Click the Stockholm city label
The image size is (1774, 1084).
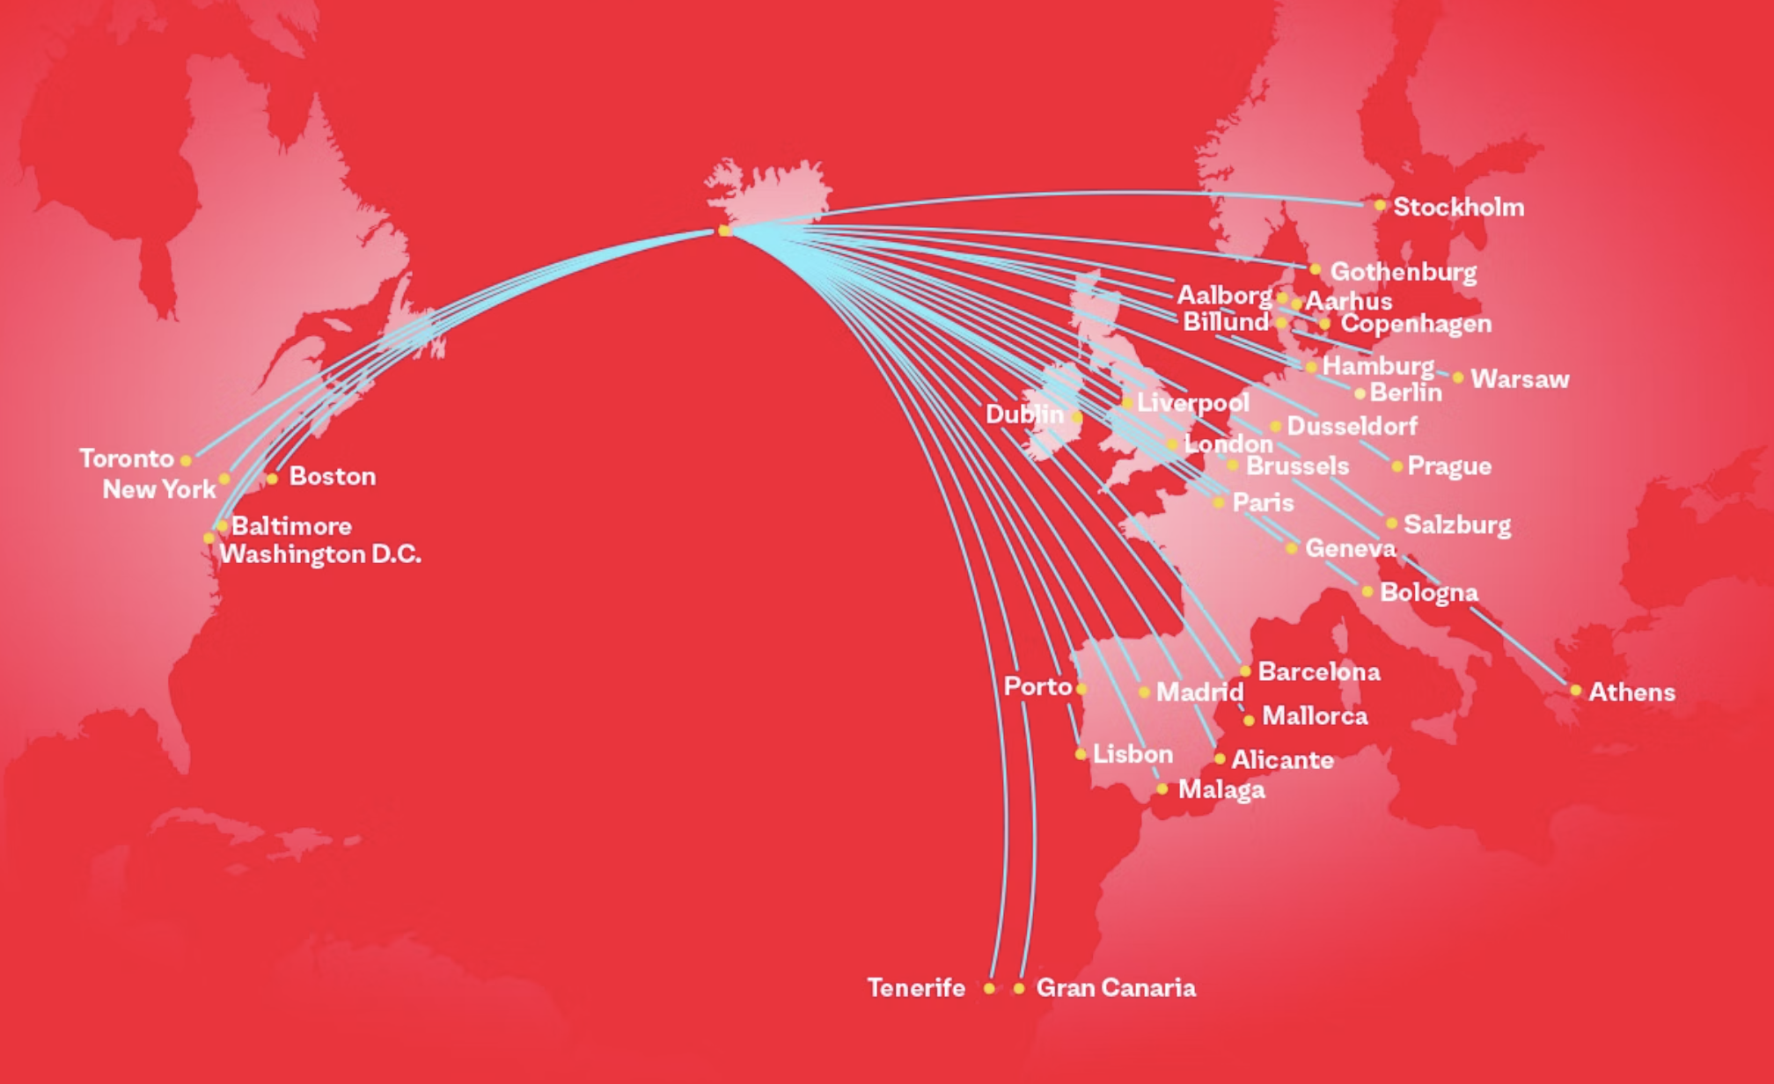coord(1458,208)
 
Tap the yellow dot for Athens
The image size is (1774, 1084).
coord(1575,691)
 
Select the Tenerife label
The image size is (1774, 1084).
coord(916,988)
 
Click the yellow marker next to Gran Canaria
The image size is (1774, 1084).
coord(1019,989)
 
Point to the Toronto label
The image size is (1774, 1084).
coord(127,458)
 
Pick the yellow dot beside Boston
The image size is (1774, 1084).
coord(272,479)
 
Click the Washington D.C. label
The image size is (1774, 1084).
coord(320,554)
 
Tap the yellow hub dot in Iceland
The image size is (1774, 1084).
coord(724,231)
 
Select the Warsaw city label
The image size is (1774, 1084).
coord(1520,379)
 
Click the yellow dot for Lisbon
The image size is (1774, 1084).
coord(1081,754)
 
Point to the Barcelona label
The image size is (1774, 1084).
coord(1319,672)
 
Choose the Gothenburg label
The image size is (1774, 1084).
coord(1403,272)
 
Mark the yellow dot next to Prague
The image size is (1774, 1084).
coord(1396,466)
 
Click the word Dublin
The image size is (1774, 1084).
coord(1024,414)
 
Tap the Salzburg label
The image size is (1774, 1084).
coord(1457,525)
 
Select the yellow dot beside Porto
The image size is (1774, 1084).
coord(1081,689)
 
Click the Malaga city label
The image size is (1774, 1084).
coord(1221,790)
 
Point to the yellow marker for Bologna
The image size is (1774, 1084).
coord(1367,591)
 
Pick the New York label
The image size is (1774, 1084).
coord(159,489)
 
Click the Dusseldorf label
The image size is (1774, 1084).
coord(1352,427)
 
